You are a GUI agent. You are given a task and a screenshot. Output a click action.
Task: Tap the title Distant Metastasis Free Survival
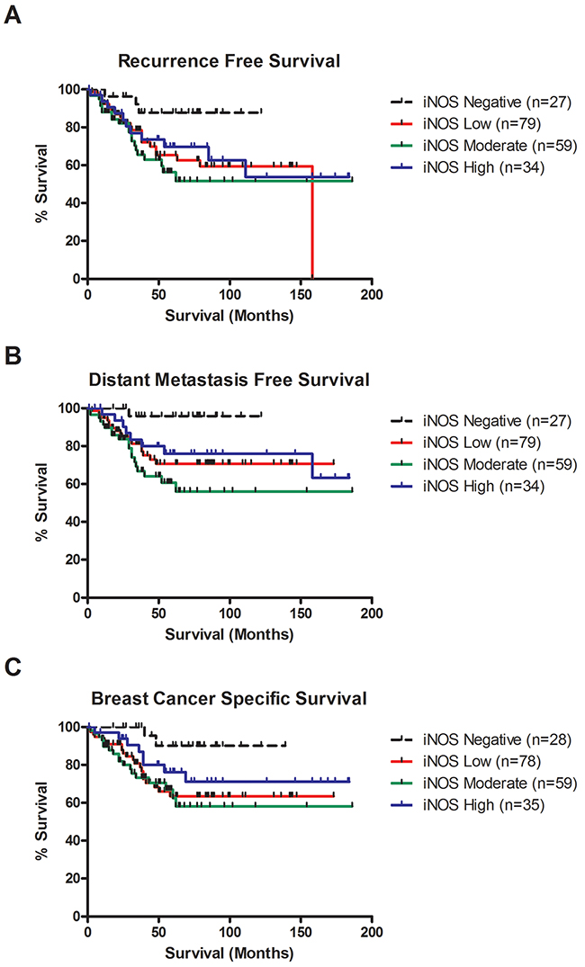coord(229,381)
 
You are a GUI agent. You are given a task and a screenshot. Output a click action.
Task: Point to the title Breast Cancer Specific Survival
coord(229,699)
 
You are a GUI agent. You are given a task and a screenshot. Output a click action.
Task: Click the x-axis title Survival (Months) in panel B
coord(229,634)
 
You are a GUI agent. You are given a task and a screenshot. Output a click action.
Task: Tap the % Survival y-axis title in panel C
coord(42,820)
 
